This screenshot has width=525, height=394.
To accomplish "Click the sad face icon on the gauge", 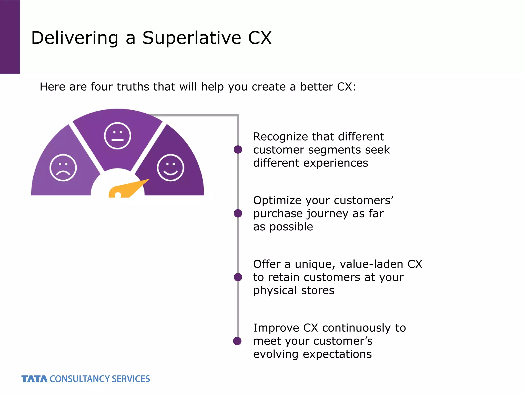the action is (63, 168).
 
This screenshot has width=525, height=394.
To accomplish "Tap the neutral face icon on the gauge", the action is (117, 136).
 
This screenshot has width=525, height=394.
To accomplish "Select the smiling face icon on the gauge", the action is (170, 168).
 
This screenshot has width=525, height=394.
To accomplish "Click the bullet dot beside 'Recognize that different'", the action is (238, 150).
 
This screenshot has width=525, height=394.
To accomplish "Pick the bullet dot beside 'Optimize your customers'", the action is (238, 213).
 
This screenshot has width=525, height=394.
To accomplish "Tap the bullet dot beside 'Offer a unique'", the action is (238, 277).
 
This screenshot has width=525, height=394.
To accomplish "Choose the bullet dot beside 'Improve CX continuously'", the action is (237, 341).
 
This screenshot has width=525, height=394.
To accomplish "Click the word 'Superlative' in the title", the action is (192, 38).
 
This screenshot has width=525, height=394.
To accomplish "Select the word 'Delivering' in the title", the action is (75, 38).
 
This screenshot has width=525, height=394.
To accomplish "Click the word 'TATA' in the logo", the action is (34, 379).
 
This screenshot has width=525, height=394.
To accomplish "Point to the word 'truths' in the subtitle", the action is (133, 87).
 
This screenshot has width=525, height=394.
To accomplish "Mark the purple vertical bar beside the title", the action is (10, 37).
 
